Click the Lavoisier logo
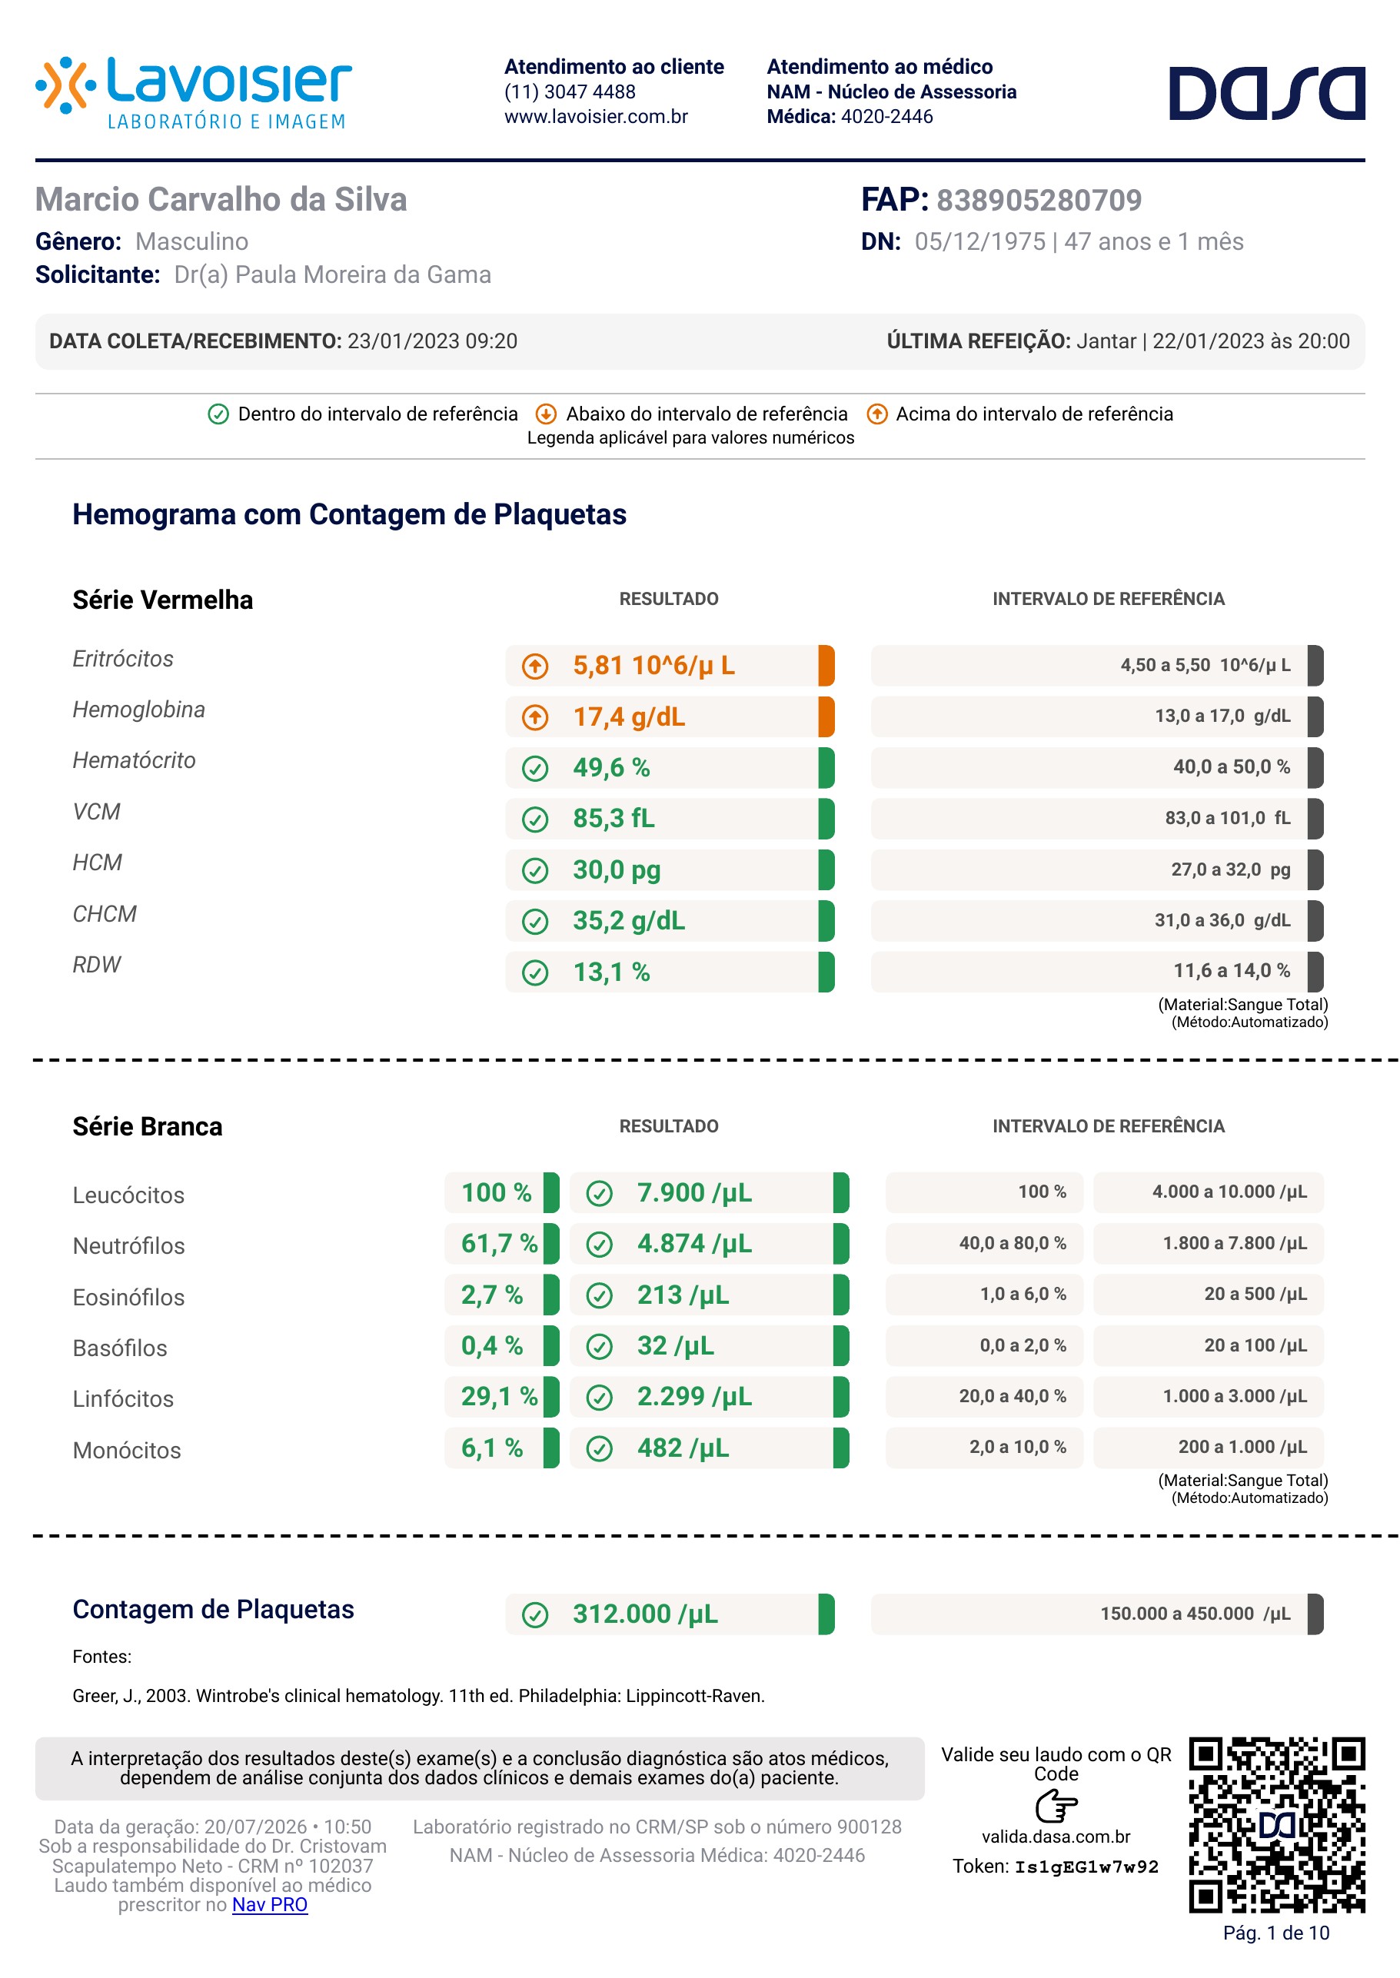point(194,93)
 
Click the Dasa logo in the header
point(1266,93)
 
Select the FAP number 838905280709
point(1039,200)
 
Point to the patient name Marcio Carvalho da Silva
point(221,199)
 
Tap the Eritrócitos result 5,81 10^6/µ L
point(653,666)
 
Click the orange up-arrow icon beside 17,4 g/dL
point(535,717)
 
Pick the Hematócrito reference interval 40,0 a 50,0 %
point(1231,767)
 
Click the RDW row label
point(97,965)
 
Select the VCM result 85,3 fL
point(614,818)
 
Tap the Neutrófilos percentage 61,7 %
point(499,1243)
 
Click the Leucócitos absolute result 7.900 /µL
point(694,1193)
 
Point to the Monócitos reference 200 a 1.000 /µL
point(1242,1447)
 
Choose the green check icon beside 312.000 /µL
point(535,1614)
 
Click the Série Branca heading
point(148,1126)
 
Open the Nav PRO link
point(270,1905)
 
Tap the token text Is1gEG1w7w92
point(1086,1867)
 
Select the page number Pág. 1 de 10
point(1276,1933)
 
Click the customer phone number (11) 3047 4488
point(570,91)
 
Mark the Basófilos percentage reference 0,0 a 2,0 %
point(1023,1345)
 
